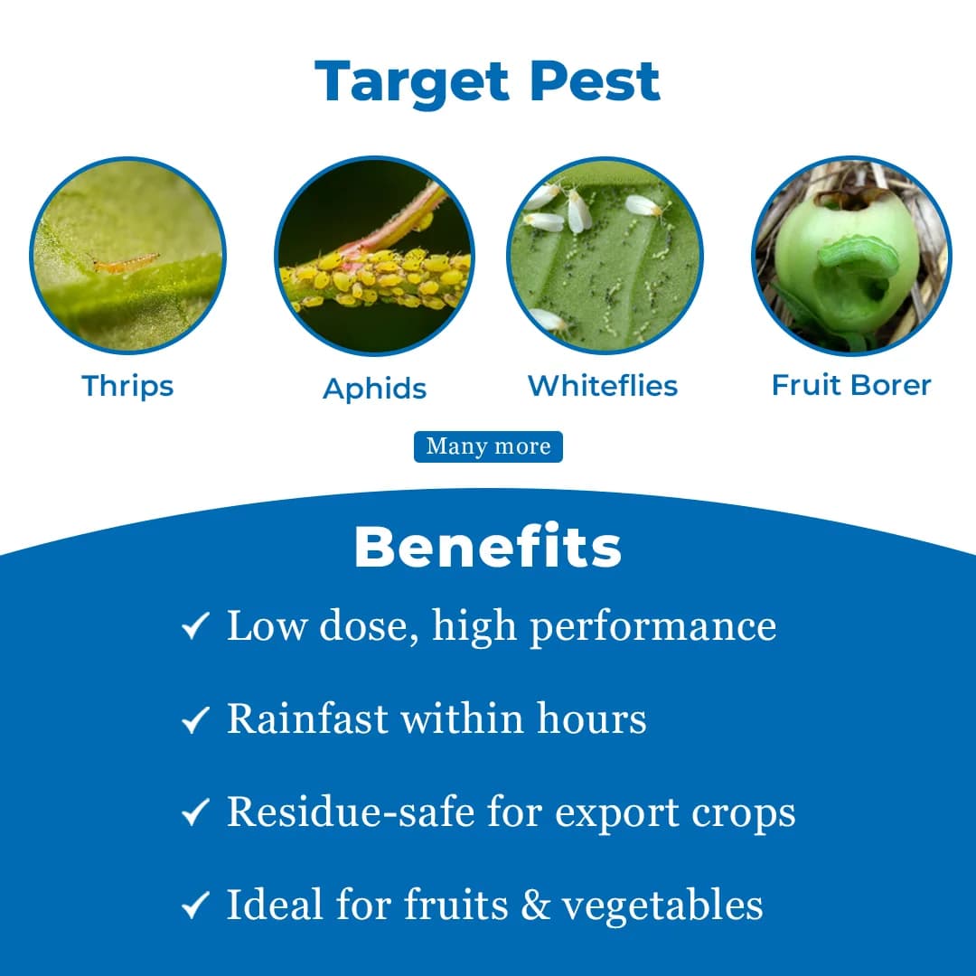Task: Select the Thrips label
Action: (x=127, y=386)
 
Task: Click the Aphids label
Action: (x=374, y=389)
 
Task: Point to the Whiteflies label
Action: (x=603, y=386)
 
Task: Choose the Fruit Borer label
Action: (x=851, y=385)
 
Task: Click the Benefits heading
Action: (x=488, y=547)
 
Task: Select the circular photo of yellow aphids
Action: (x=374, y=256)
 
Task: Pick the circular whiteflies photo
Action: (x=605, y=256)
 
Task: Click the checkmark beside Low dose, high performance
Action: (x=195, y=626)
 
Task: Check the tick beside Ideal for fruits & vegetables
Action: (x=195, y=906)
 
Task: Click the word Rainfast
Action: (x=307, y=718)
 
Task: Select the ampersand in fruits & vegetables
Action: (x=535, y=906)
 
